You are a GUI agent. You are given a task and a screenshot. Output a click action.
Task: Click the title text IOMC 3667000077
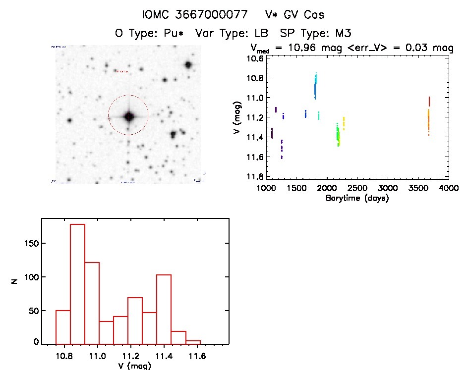[194, 15]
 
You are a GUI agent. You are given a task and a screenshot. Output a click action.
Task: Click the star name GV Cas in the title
[301, 15]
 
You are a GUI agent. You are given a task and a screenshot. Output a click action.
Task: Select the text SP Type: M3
[309, 34]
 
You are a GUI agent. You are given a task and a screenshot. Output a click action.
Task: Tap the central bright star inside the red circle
[129, 116]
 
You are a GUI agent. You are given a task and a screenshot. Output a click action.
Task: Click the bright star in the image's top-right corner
[188, 65]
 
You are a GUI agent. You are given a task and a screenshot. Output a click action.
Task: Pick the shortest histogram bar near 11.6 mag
[193, 341]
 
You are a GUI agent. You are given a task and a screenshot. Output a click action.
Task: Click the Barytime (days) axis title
[357, 198]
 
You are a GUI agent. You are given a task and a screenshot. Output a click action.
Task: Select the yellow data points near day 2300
[343, 123]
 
